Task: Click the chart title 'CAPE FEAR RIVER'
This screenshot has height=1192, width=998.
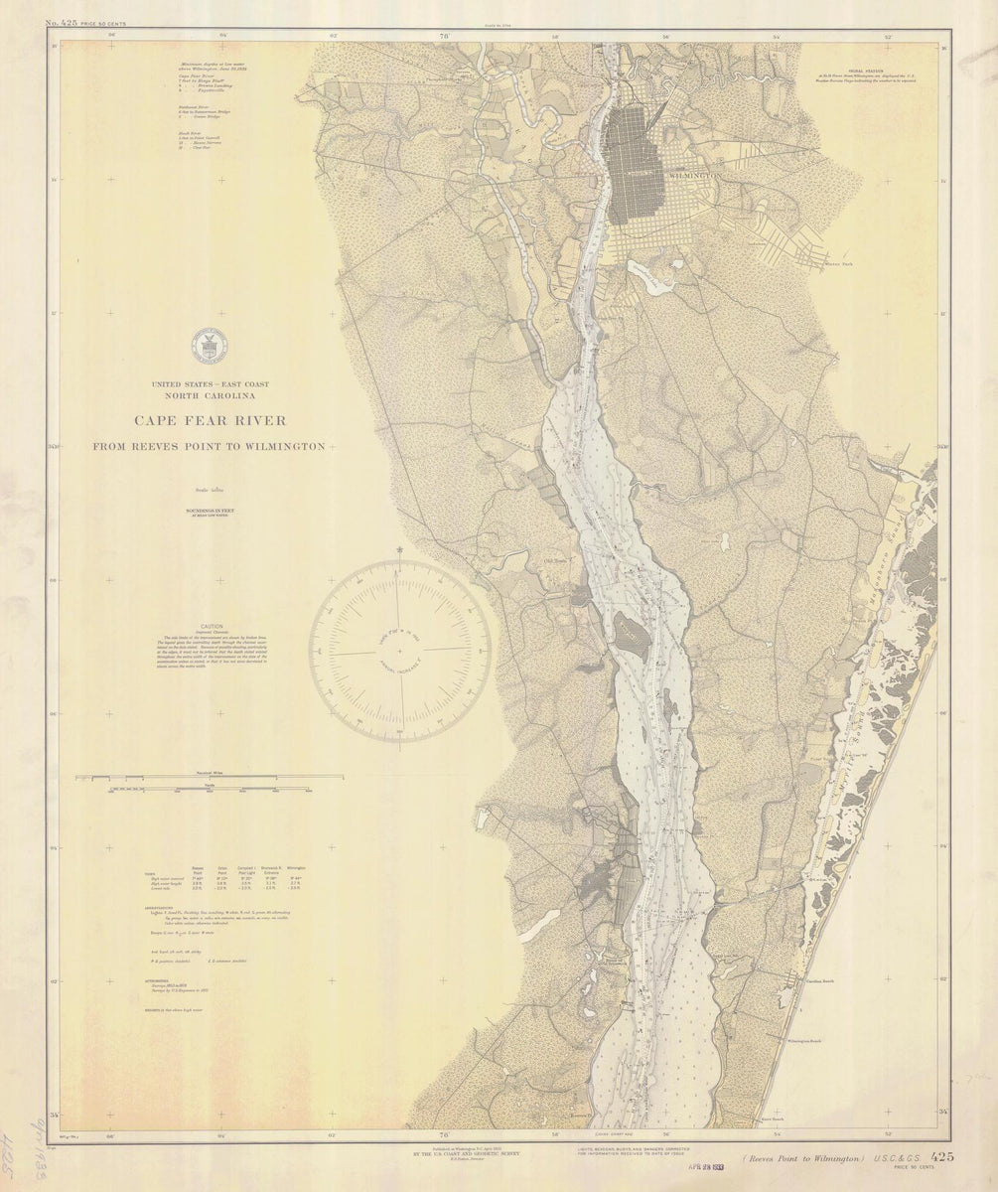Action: click(x=209, y=421)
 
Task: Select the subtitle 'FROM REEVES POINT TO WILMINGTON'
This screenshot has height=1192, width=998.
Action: click(x=209, y=447)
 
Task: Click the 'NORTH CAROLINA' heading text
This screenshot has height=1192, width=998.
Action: click(x=209, y=394)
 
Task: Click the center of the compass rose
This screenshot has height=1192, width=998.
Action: click(x=399, y=651)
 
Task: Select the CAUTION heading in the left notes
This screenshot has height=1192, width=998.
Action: click(x=213, y=627)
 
